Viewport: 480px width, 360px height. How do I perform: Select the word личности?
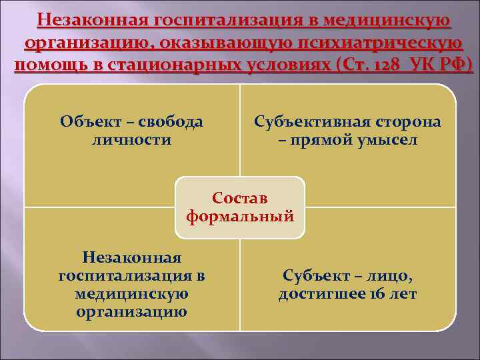(131, 140)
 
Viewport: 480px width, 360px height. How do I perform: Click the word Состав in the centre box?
(240, 199)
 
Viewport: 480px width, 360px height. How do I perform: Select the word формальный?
(240, 216)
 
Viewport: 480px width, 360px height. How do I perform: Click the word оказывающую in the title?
(209, 44)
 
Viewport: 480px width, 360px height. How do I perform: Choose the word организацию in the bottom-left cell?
(131, 311)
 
